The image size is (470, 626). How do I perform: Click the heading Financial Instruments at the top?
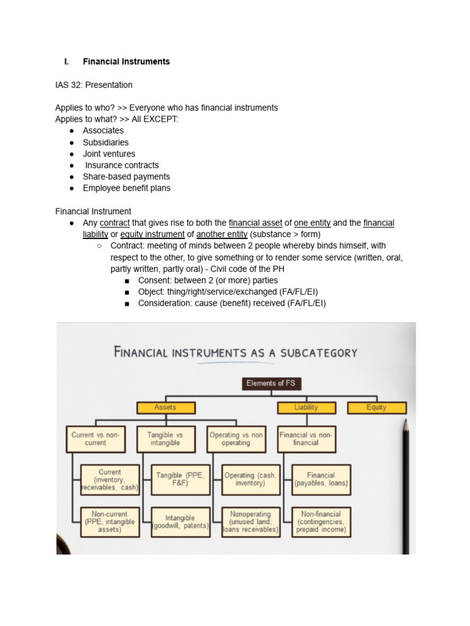point(126,62)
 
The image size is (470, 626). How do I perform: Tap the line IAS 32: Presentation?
point(94,85)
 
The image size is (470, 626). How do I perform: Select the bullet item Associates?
point(103,131)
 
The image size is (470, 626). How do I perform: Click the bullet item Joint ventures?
point(109,154)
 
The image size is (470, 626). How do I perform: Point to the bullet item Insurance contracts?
point(121,166)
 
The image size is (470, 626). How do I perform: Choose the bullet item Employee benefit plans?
point(126,188)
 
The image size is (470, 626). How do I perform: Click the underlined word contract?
point(114,223)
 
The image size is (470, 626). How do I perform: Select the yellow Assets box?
point(165,407)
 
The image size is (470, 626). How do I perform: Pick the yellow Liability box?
point(306,407)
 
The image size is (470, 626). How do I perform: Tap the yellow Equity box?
point(376,407)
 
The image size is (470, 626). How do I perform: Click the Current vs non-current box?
point(95,439)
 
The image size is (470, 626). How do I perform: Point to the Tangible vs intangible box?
point(165,439)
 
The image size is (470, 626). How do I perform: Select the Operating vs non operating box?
point(236,439)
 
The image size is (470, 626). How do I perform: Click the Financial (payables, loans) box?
point(321,479)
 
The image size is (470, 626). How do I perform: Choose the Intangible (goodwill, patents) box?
point(181,521)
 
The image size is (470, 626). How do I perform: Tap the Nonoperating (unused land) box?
point(250,521)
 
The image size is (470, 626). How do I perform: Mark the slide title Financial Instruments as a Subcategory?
point(236,353)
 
